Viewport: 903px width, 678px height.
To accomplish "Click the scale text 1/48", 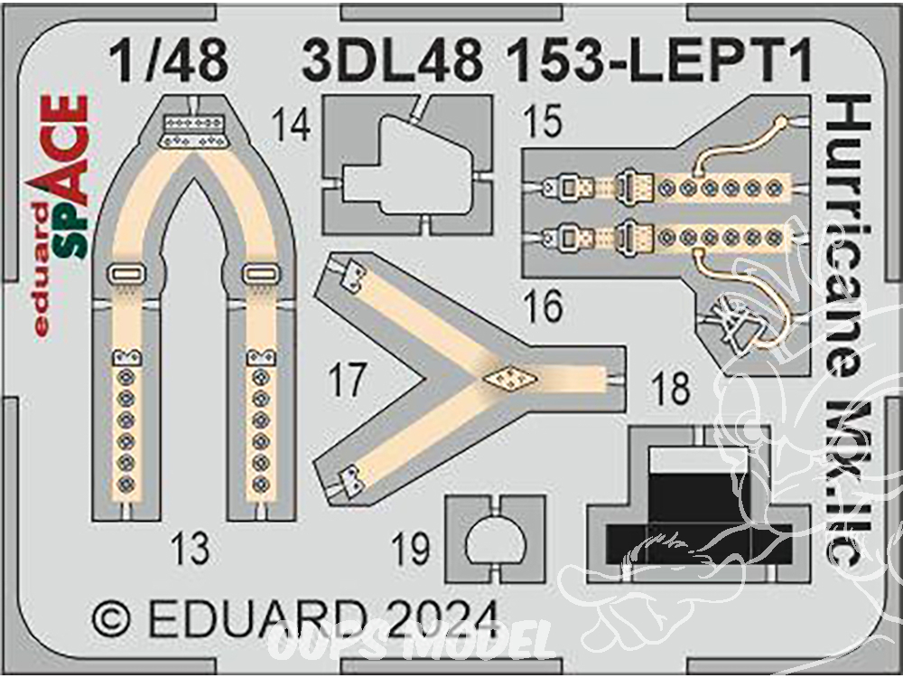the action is (170, 61).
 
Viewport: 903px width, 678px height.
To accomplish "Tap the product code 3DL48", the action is (393, 61).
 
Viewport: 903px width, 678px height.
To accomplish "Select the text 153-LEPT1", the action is (660, 61).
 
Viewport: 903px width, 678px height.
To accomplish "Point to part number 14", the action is (292, 125).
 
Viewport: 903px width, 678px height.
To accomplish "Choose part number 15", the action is (543, 121).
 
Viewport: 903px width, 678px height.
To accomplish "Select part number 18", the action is (671, 388).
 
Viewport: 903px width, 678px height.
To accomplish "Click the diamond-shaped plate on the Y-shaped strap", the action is (510, 378).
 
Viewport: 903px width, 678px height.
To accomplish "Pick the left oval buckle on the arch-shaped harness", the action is (126, 275).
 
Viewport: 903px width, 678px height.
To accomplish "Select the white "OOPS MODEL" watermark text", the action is (413, 641).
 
